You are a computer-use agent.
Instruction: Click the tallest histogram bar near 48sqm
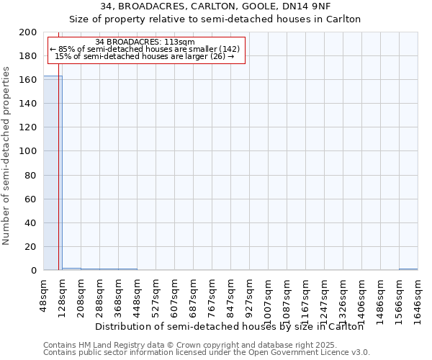click(53, 173)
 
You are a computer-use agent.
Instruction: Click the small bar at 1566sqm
click(408, 269)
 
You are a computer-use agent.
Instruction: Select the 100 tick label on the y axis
click(28, 151)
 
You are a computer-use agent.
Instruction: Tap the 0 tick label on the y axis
click(33, 271)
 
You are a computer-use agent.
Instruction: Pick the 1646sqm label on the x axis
click(418, 297)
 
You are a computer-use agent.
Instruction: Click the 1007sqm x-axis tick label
click(269, 297)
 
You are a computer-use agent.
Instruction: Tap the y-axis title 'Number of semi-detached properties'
click(7, 156)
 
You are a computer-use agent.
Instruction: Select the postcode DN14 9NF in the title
click(302, 6)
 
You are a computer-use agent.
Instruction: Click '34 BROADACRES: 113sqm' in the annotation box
click(145, 42)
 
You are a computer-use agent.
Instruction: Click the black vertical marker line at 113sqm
click(58, 180)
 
